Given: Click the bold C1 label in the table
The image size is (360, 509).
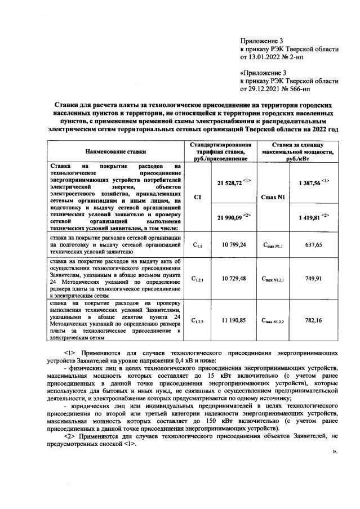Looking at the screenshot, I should click(197, 198).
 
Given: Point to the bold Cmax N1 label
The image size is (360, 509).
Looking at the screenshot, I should click(273, 198).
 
